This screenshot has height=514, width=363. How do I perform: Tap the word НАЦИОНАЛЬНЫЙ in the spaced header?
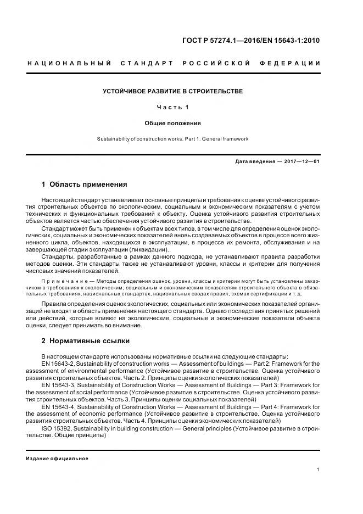[69, 64]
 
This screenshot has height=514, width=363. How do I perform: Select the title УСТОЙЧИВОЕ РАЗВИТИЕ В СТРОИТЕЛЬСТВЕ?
[173, 91]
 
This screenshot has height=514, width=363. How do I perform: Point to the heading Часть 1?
[173, 107]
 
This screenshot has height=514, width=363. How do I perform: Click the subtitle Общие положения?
[173, 123]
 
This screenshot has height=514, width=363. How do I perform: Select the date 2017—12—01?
[302, 162]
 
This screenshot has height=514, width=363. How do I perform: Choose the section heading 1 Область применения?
[84, 185]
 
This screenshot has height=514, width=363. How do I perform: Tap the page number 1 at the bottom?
[319, 470]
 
